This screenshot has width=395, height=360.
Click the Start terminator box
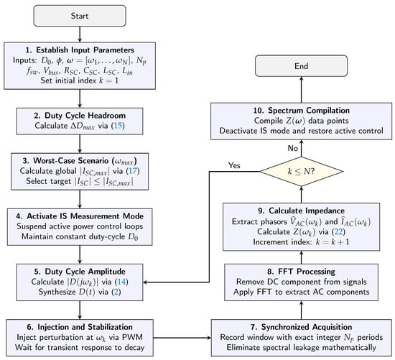[x=80, y=16]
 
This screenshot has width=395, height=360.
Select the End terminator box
[x=302, y=66]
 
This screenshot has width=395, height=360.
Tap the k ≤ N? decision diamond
[x=302, y=172]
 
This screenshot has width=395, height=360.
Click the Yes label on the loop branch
[x=234, y=165]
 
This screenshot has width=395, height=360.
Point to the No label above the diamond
[x=293, y=148]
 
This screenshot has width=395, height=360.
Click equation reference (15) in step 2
[x=118, y=126]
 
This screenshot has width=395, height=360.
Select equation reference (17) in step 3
[x=133, y=171]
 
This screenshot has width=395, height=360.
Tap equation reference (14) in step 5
[x=121, y=282]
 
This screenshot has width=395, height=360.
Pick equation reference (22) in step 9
[x=338, y=231]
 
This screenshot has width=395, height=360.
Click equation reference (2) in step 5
[x=116, y=292]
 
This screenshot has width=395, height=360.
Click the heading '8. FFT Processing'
[x=302, y=272]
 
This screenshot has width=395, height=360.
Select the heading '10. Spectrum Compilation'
[x=302, y=111]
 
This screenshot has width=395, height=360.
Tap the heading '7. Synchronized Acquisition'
[x=302, y=327]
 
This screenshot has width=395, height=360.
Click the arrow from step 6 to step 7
[x=182, y=338]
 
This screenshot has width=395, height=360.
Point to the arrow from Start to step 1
[x=80, y=34]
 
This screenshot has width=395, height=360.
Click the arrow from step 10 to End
[x=302, y=90]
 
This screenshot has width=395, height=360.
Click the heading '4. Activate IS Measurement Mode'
[x=80, y=216]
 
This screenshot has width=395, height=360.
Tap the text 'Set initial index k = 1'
[x=80, y=80]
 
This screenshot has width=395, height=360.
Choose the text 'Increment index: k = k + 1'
[x=302, y=241]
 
